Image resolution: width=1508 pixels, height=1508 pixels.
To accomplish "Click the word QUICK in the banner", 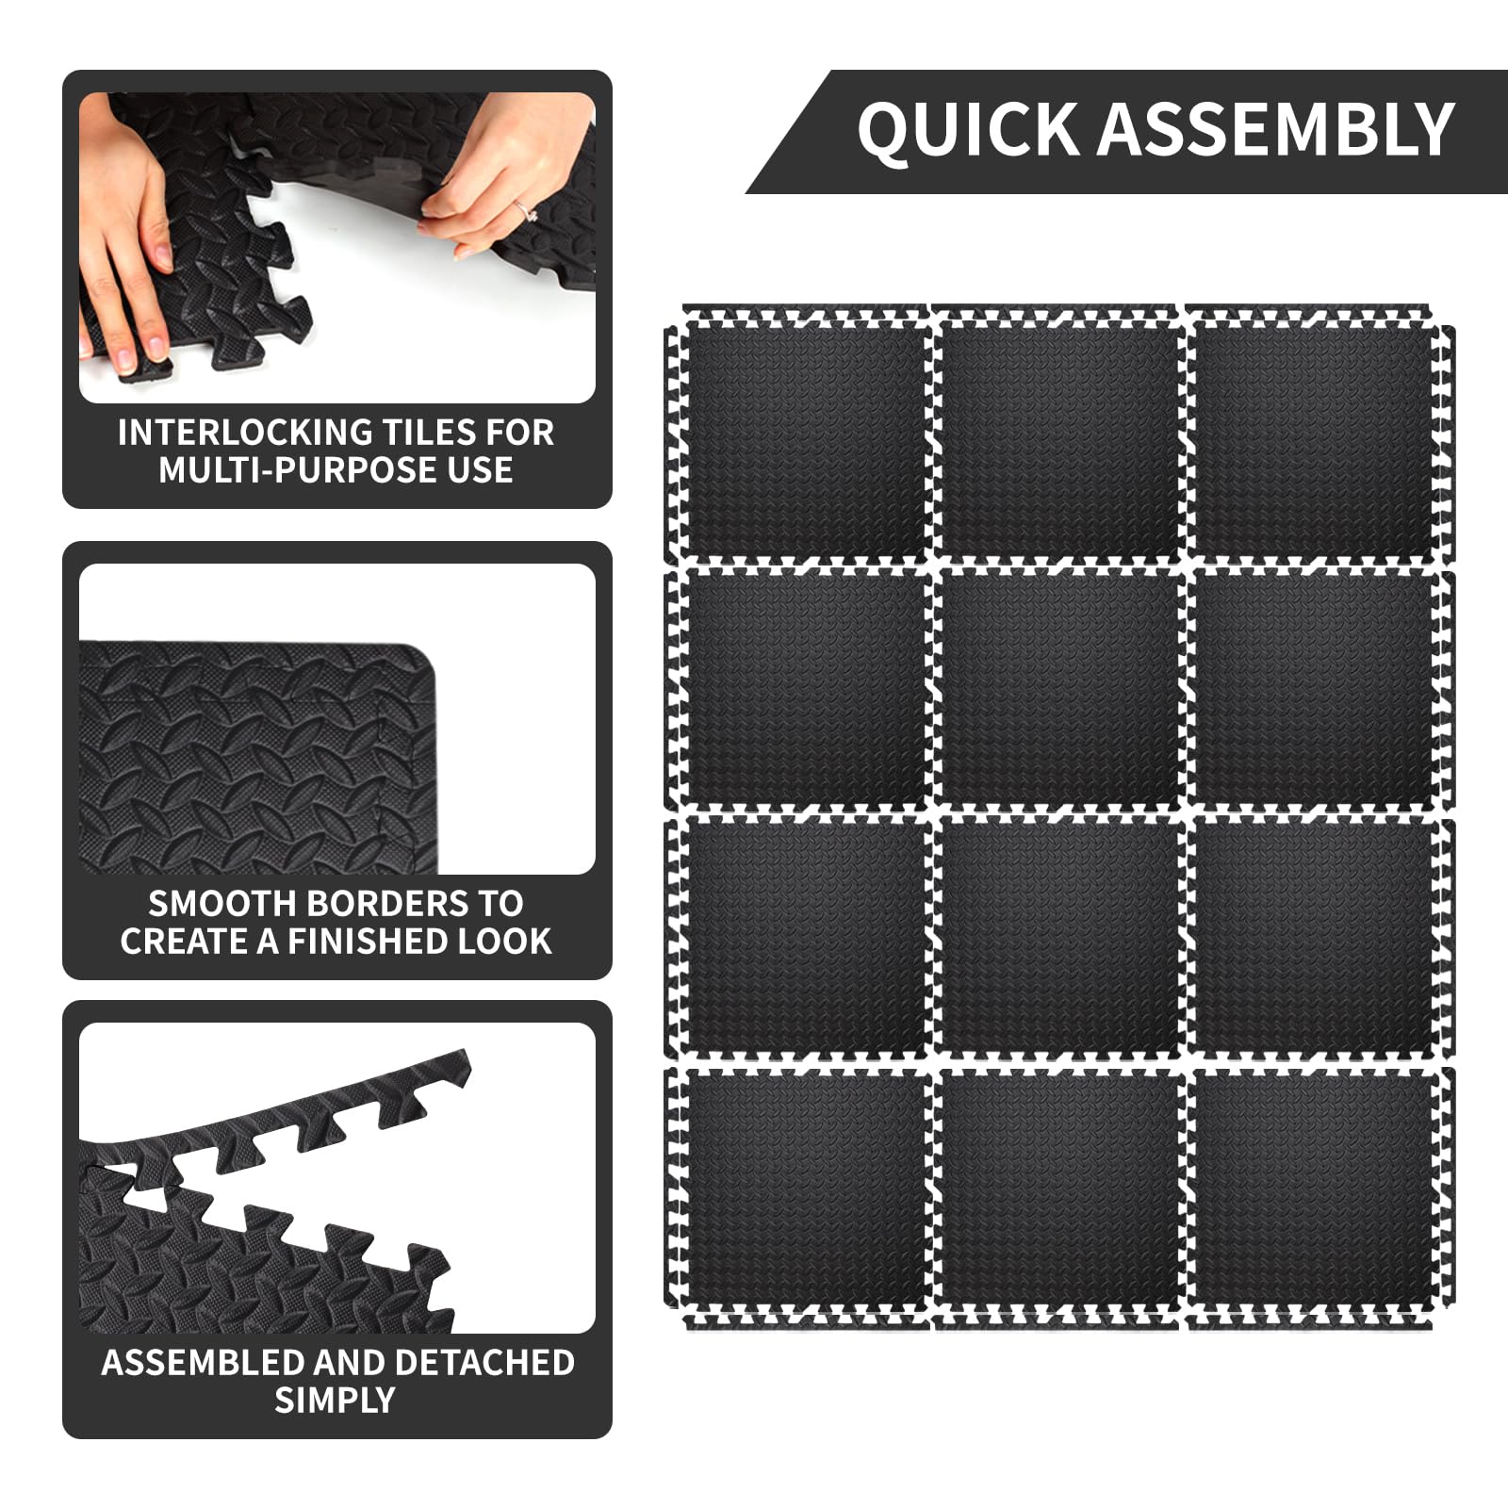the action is tap(968, 129).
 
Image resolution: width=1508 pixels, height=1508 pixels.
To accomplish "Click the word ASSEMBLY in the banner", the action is tap(1277, 129).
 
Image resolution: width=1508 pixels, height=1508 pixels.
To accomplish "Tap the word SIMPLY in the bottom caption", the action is tap(335, 1401).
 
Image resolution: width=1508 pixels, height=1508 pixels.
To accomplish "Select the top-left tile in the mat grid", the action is tap(802, 437).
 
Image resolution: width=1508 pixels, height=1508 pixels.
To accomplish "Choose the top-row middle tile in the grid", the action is tap(1059, 437).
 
